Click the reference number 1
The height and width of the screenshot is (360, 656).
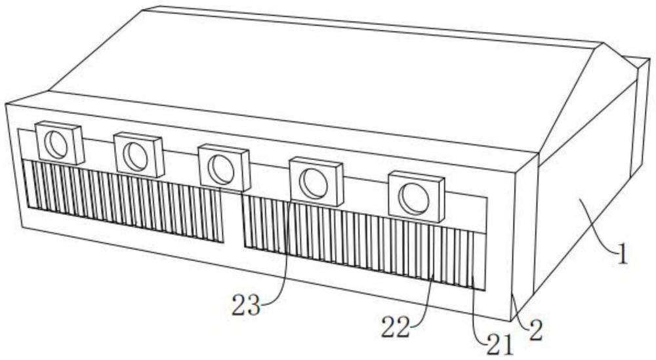coord(621,253)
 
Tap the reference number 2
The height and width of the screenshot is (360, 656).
coord(536,331)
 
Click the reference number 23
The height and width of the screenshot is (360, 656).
coord(246,305)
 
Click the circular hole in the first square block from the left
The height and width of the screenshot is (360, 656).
coord(58,144)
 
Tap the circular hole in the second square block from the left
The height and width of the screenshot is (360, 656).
coord(137,156)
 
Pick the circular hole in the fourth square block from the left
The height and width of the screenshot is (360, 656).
coord(316,184)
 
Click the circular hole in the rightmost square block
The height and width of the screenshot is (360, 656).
coord(415,198)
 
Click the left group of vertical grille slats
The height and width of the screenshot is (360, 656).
coord(125,200)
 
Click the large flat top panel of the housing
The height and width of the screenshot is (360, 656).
coord(315,72)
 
